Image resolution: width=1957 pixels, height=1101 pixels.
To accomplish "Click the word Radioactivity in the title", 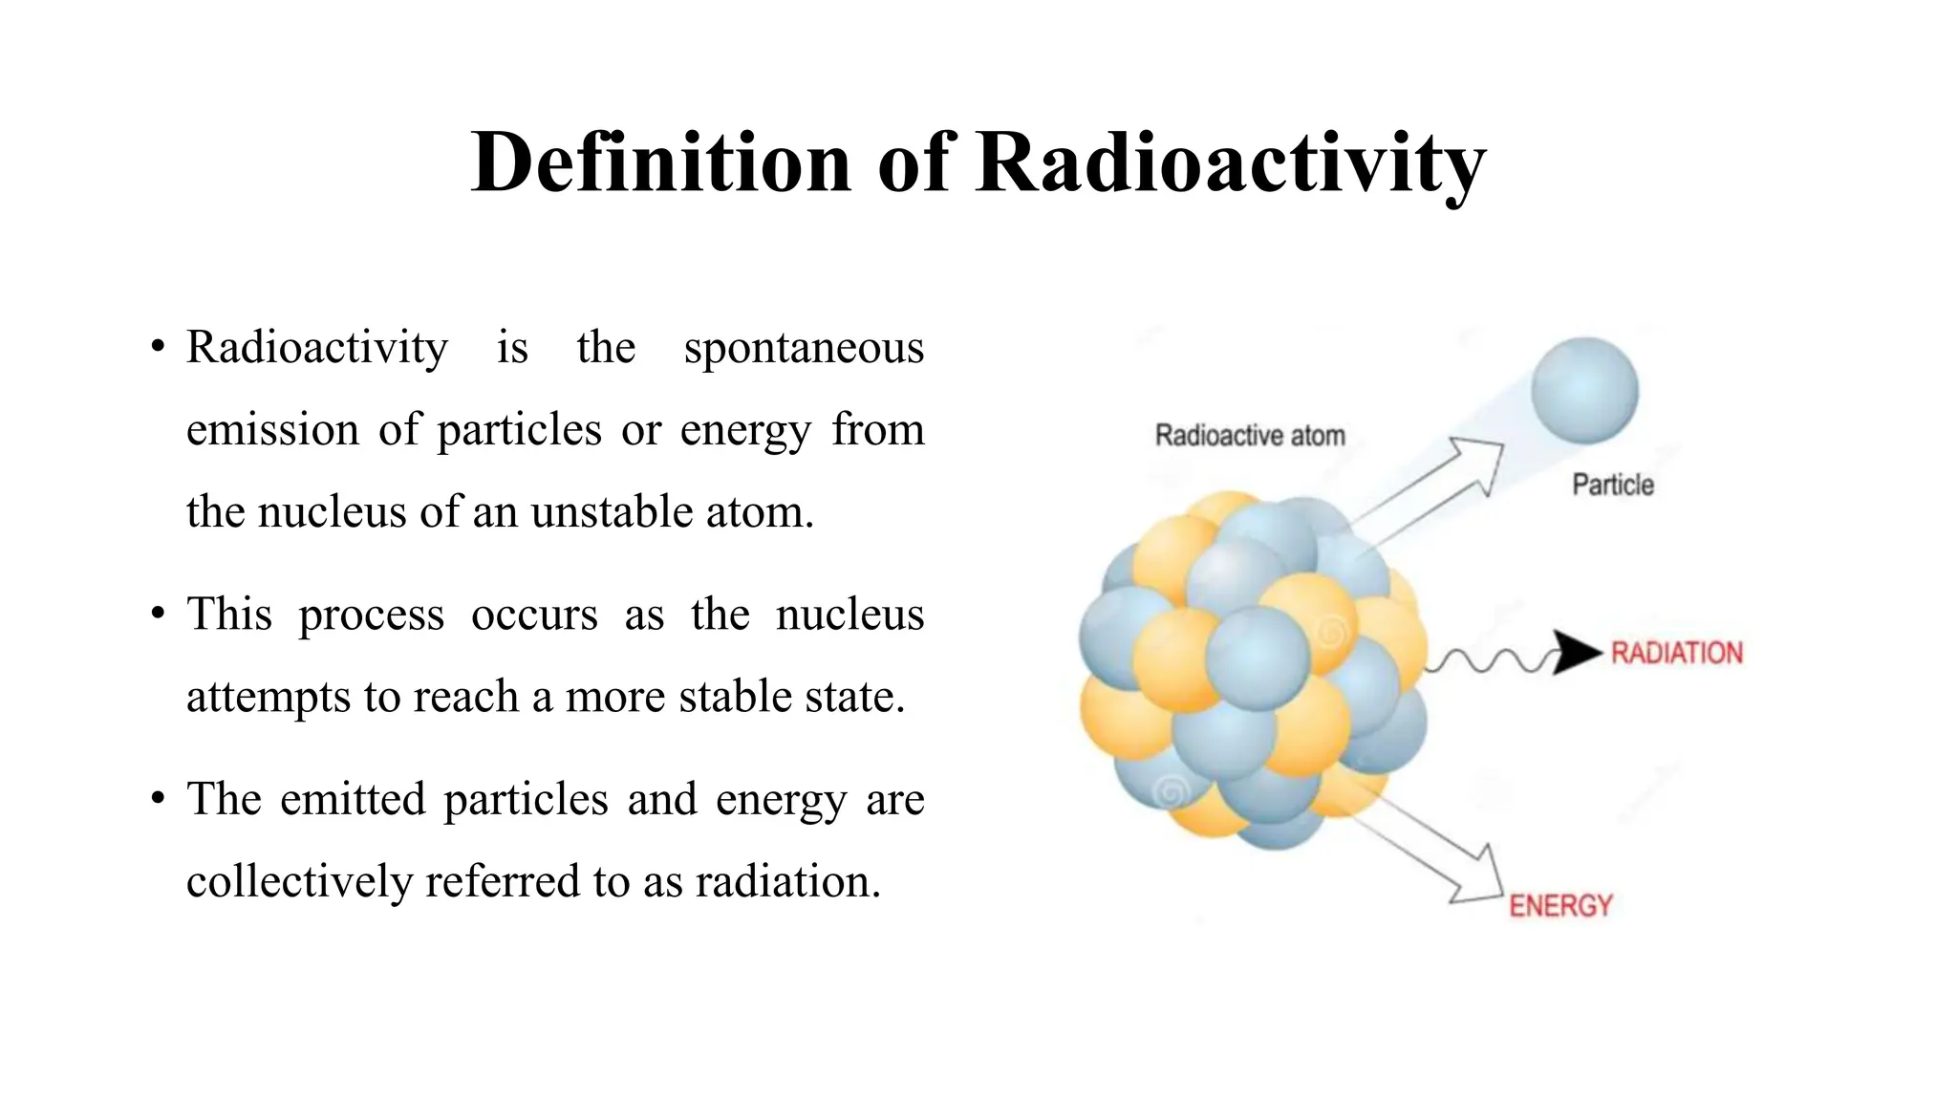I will [1231, 162].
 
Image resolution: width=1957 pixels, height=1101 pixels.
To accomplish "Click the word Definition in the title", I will [660, 162].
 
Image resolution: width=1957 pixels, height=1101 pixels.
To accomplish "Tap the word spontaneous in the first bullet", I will [804, 348].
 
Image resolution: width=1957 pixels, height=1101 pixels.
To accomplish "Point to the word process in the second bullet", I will [371, 615].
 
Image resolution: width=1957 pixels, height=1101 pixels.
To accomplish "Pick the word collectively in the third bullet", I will [298, 881].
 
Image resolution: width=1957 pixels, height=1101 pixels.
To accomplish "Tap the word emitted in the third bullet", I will [353, 799].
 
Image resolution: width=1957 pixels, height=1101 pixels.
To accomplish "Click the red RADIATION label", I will [1676, 654].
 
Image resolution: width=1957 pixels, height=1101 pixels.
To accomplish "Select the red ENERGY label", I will [1560, 905].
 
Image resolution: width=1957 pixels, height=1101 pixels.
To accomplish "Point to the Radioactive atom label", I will [1250, 436].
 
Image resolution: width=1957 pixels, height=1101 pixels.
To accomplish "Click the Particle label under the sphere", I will [1613, 486].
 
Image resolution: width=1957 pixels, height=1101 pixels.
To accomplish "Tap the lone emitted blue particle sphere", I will [1584, 391].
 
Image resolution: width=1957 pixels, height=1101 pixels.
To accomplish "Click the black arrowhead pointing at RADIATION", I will [1576, 653].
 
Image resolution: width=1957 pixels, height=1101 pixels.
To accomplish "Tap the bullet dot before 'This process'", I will [158, 613].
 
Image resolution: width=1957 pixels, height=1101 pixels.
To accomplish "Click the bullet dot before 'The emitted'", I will [158, 797].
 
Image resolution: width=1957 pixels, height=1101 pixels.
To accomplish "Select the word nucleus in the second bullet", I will [849, 615].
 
